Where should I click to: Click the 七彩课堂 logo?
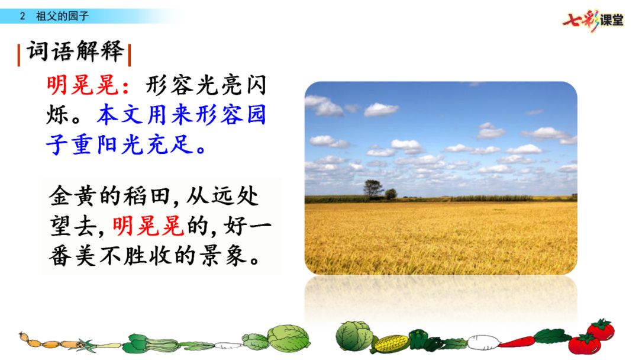point(593,20)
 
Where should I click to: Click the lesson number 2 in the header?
point(22,17)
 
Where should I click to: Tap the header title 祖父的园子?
point(62,17)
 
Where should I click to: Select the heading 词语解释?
point(75,52)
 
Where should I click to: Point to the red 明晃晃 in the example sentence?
point(148,226)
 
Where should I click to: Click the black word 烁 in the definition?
point(57,114)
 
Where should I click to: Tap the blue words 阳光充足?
point(145,144)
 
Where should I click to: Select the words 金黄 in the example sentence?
point(74,196)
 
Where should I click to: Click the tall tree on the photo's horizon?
point(373,189)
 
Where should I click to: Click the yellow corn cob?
point(390,343)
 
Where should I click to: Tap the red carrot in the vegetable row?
point(517,342)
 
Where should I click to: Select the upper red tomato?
point(601,329)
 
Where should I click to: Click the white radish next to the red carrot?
point(483,342)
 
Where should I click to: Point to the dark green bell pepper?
point(419,339)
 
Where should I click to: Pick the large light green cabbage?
point(289,338)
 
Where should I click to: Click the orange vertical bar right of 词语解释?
point(129,55)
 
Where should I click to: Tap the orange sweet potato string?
point(51,342)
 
